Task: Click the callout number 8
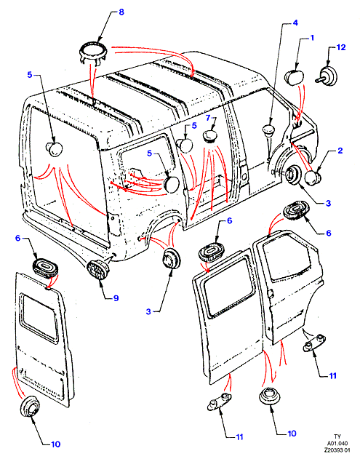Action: point(121,12)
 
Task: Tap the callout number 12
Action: point(341,47)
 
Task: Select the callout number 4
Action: point(295,23)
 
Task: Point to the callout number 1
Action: point(312,38)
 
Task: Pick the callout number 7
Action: point(208,118)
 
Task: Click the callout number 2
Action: point(340,151)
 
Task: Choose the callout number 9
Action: point(116,298)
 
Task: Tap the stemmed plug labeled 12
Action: point(327,76)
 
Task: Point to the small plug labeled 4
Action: point(268,130)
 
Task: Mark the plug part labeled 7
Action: point(210,137)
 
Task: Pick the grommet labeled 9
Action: point(97,270)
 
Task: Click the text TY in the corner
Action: point(337,436)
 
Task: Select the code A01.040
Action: point(337,443)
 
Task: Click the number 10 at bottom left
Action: point(55,444)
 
